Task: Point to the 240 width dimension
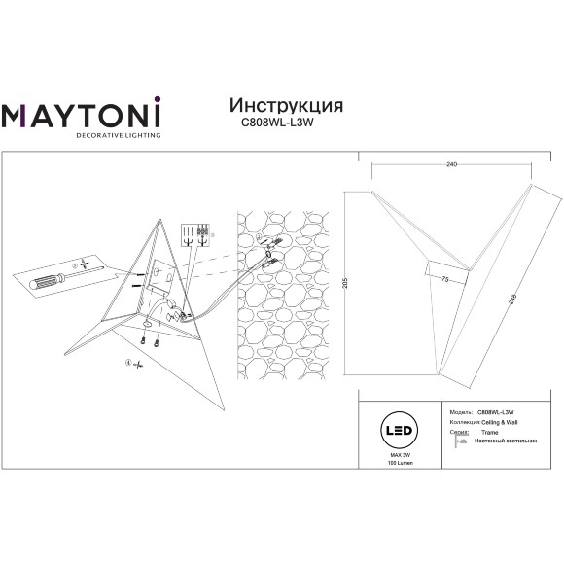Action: pyautogui.click(x=451, y=165)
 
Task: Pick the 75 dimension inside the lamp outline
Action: pyautogui.click(x=444, y=279)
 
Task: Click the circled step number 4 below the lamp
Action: pyautogui.click(x=126, y=363)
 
